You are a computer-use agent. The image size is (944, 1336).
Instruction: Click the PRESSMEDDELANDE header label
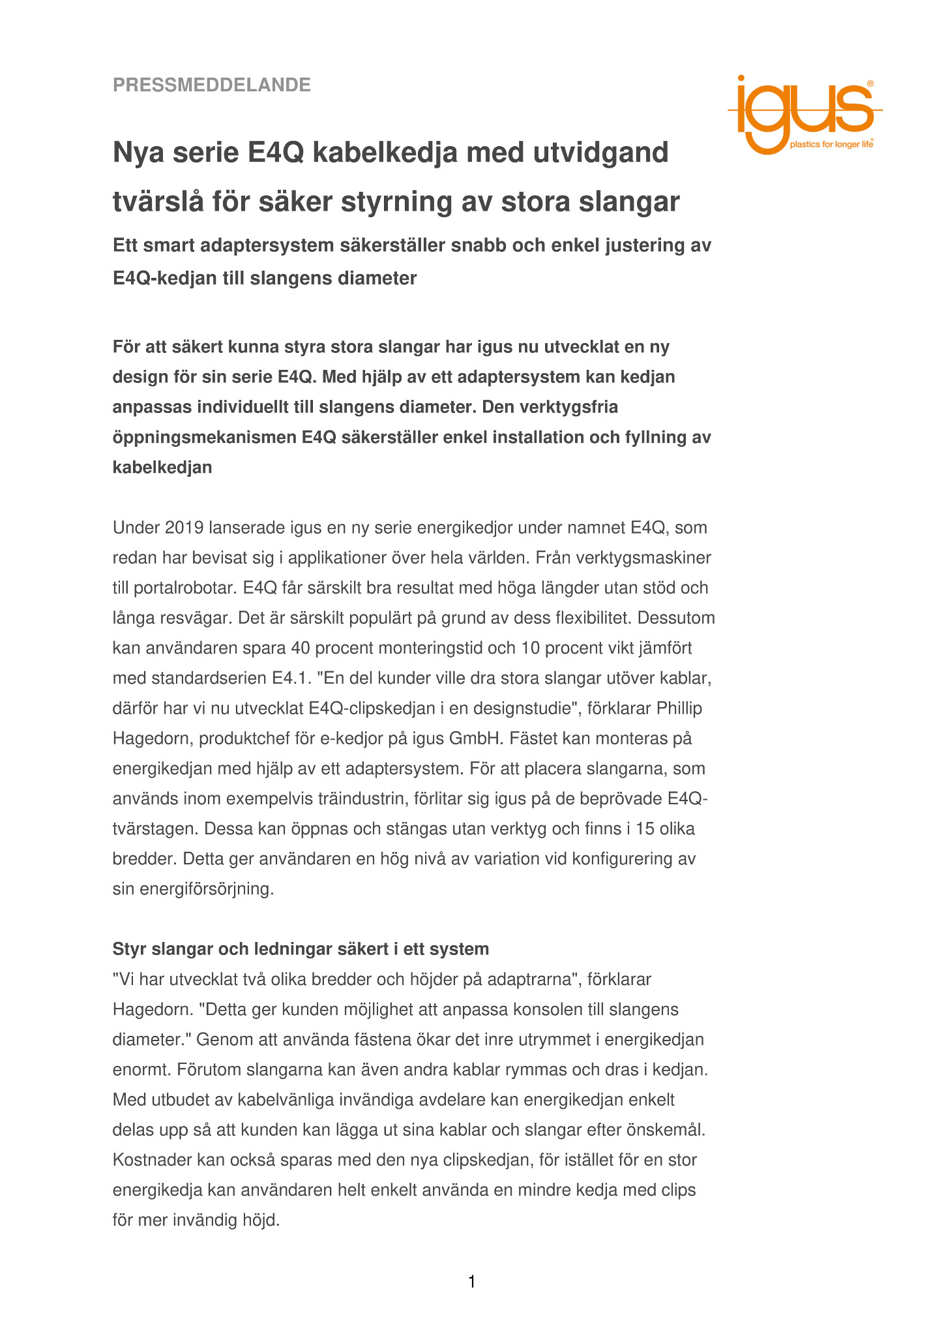point(212,85)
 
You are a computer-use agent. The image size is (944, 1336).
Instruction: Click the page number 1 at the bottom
point(472,1283)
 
